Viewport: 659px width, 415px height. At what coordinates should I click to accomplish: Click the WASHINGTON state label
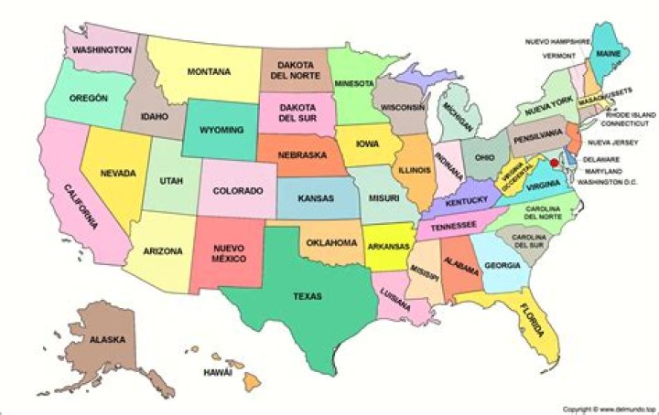tap(103, 48)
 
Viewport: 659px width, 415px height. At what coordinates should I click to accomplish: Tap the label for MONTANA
tap(209, 71)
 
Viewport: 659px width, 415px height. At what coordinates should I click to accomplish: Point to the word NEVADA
tap(118, 173)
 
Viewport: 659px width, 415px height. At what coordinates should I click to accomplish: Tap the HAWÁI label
tap(217, 373)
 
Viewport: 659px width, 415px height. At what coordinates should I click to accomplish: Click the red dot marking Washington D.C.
tap(553, 161)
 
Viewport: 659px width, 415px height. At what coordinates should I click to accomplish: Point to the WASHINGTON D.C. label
tap(617, 183)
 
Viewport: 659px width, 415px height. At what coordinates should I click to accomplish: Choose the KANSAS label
tap(316, 197)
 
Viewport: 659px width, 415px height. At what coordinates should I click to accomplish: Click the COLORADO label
tap(238, 190)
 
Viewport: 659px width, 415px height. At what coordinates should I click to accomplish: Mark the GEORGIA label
tap(502, 265)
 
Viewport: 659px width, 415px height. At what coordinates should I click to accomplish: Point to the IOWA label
tap(368, 144)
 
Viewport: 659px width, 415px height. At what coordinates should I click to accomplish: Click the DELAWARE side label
tap(604, 159)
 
